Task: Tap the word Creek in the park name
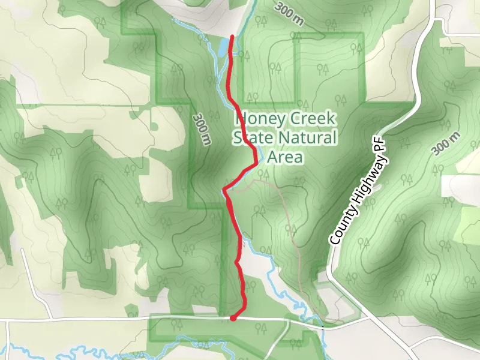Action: click(316, 119)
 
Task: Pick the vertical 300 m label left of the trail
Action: click(202, 130)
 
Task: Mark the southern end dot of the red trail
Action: click(233, 318)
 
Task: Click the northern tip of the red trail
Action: click(232, 38)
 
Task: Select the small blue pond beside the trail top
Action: click(223, 47)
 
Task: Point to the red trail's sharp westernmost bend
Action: click(224, 191)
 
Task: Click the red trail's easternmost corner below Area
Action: click(259, 161)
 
